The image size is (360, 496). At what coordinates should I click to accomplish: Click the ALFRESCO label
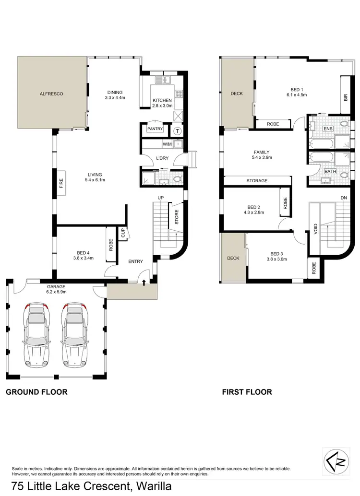[51, 94]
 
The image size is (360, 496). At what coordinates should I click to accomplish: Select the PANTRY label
[156, 129]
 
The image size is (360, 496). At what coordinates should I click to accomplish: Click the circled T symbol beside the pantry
[177, 130]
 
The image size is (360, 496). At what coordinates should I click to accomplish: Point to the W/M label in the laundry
[168, 143]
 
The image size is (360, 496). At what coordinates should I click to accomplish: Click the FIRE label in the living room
[61, 183]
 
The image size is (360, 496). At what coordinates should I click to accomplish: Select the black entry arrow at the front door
[144, 283]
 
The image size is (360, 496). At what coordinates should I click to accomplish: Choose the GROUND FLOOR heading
[36, 392]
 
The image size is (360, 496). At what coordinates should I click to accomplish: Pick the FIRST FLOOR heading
[247, 392]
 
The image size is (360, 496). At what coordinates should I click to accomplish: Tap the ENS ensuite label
[328, 129]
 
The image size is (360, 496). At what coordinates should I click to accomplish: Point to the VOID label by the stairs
[315, 229]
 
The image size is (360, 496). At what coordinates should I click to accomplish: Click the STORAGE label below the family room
[257, 181]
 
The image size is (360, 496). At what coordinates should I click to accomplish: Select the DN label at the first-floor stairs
[343, 198]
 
